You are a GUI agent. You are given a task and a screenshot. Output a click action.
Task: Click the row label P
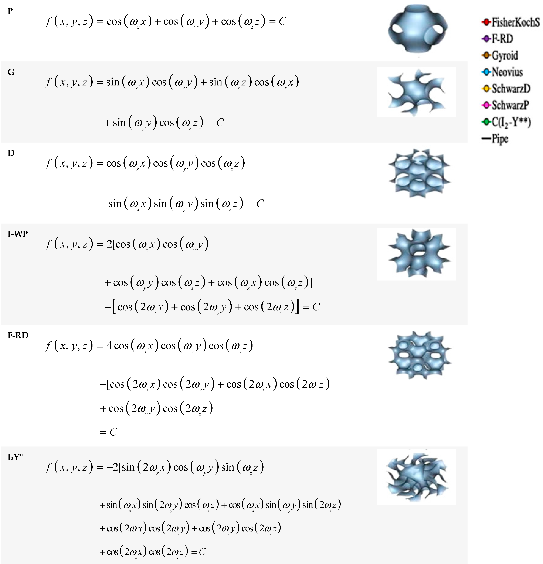(10, 11)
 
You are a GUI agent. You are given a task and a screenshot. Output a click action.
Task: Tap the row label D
(11, 153)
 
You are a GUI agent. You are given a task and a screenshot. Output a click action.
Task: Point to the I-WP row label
(18, 234)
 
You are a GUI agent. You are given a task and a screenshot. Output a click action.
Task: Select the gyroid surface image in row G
(416, 92)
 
